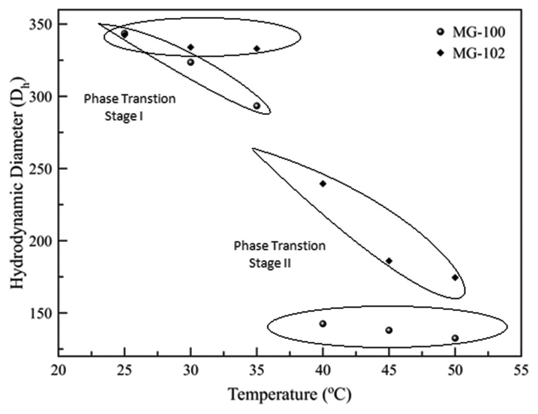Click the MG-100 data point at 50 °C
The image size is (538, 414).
point(455,338)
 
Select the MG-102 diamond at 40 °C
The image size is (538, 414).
point(323,184)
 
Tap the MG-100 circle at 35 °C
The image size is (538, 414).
point(256,106)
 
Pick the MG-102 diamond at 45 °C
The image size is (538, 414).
point(389,261)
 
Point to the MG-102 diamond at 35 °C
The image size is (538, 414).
point(257,49)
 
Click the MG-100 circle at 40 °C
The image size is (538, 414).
point(323,323)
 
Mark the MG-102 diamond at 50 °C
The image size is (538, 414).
point(455,277)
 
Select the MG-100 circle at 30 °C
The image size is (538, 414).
point(190,62)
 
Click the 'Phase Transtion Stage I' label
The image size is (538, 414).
point(130,107)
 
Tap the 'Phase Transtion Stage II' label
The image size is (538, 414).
point(279,254)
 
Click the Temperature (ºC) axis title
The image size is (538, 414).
point(290,395)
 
